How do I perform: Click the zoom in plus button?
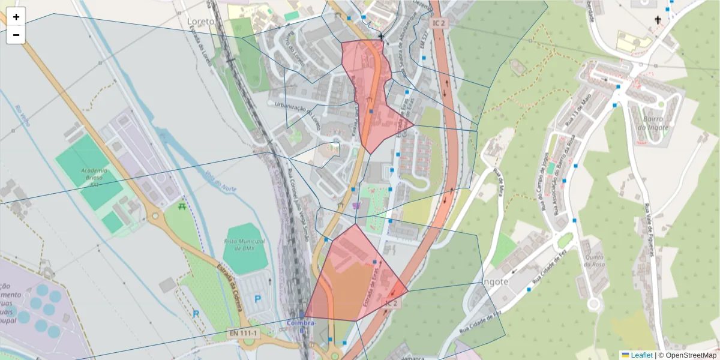[x=16, y=17]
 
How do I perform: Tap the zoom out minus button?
[x=16, y=35]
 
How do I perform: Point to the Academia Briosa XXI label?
[x=93, y=177]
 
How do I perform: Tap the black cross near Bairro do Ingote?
[x=658, y=20]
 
